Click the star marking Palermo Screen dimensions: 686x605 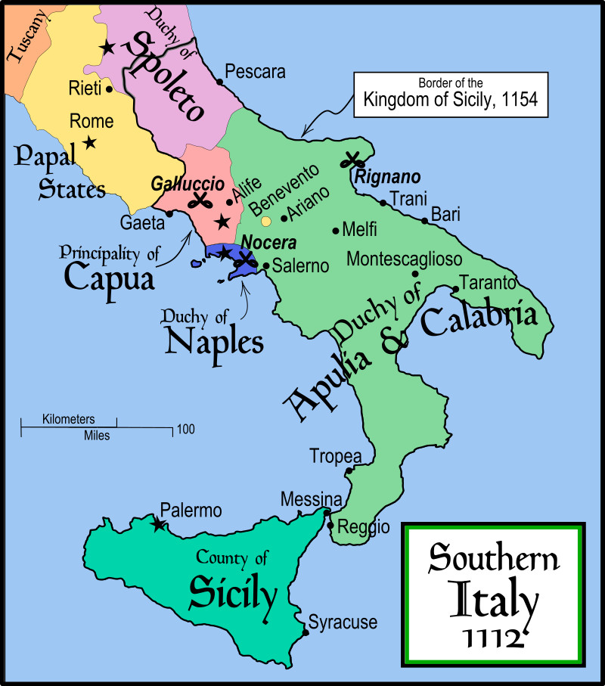pyautogui.click(x=157, y=524)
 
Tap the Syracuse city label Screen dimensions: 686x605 pyautogui.click(x=342, y=622)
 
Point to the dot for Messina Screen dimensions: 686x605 pyautogui.click(x=327, y=513)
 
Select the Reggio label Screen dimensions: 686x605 pyautogui.click(x=363, y=526)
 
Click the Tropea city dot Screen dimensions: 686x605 pyautogui.click(x=349, y=471)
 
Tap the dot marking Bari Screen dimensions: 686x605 pyautogui.click(x=425, y=221)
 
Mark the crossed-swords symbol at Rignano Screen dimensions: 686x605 pyautogui.click(x=352, y=160)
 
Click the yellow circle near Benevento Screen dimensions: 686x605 pyautogui.click(x=265, y=222)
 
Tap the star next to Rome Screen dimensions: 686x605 pyautogui.click(x=90, y=142)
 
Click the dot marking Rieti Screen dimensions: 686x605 pyautogui.click(x=110, y=88)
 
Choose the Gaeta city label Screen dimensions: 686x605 pyautogui.click(x=141, y=223)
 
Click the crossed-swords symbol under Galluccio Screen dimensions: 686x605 pyautogui.click(x=200, y=200)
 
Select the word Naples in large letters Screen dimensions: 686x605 pyautogui.click(x=214, y=341)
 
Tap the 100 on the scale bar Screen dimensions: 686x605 pyautogui.click(x=186, y=430)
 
